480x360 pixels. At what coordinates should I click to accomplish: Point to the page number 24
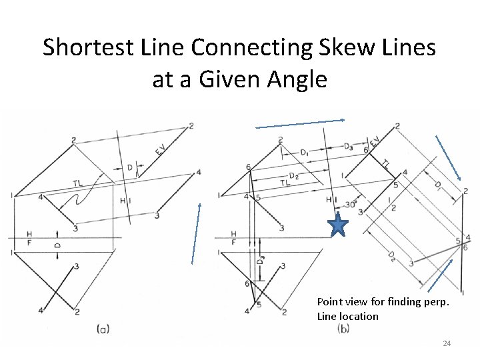(447, 343)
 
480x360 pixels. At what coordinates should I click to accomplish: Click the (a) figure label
(103, 328)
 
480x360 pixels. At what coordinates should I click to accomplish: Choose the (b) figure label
(344, 328)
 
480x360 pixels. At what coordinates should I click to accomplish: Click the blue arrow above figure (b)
(300, 123)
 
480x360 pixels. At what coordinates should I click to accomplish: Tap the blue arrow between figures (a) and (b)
(195, 233)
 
